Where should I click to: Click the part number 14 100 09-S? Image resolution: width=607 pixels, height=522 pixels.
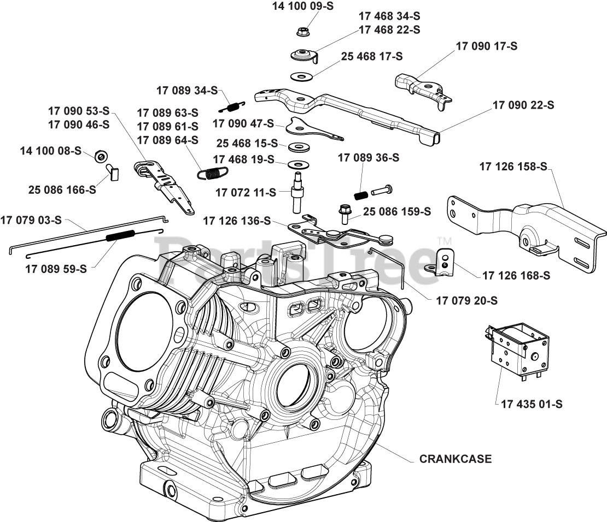pos(302,6)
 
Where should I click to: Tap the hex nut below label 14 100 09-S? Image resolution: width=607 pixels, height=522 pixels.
pos(302,32)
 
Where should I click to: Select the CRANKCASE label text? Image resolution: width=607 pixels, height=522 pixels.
pos(455,459)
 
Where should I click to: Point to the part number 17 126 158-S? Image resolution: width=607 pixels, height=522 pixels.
pos(513,167)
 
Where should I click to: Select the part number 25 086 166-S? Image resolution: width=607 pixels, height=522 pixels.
pos(62,189)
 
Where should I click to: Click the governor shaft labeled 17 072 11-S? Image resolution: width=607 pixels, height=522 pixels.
pos(298,194)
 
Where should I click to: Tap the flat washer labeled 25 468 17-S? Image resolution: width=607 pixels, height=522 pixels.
pos(301,75)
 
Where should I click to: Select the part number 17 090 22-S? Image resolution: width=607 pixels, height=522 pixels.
pos(523,105)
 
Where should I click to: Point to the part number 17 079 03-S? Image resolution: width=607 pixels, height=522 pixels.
pos(31,220)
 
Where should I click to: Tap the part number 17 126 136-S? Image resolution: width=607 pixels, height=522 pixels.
pos(237,221)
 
